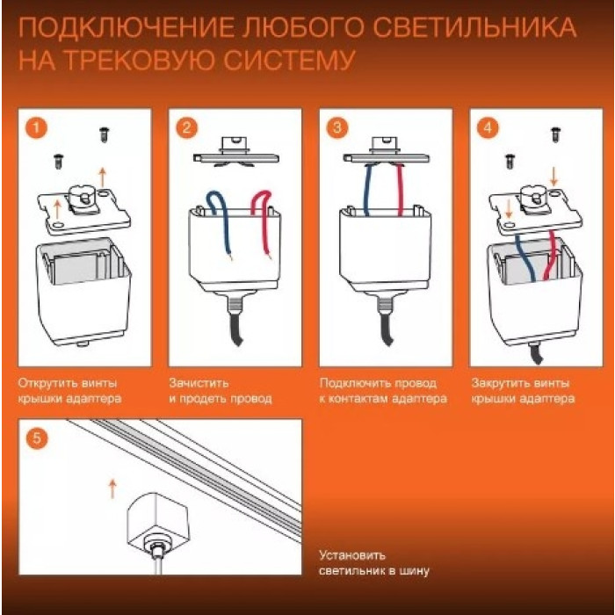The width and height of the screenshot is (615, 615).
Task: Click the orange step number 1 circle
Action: (x=36, y=127)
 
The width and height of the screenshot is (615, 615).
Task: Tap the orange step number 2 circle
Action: (x=186, y=127)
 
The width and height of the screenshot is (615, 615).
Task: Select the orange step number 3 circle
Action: (x=337, y=127)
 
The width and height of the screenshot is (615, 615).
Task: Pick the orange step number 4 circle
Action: (x=488, y=127)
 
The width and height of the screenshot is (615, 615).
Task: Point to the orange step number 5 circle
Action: (x=36, y=438)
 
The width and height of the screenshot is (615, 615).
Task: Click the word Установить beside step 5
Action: (x=351, y=555)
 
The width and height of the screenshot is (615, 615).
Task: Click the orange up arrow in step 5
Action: (x=112, y=488)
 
